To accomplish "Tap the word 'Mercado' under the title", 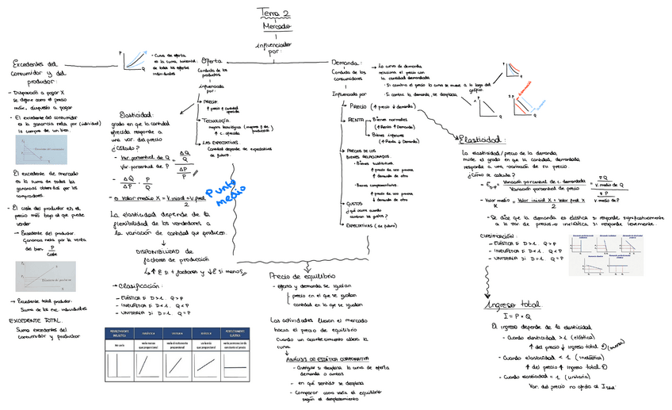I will click(x=276, y=26).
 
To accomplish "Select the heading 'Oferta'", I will click(x=212, y=61).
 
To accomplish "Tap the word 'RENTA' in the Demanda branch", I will click(x=356, y=120).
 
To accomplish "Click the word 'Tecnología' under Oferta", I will click(x=218, y=120).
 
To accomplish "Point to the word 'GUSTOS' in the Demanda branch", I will click(x=356, y=205).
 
